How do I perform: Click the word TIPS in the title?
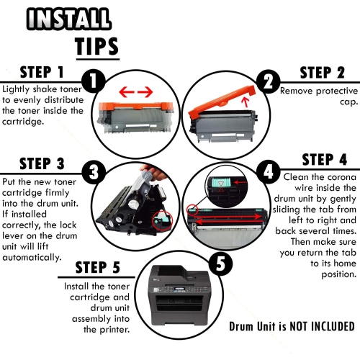tap(96, 45)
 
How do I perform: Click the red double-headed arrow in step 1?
tap(135, 91)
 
